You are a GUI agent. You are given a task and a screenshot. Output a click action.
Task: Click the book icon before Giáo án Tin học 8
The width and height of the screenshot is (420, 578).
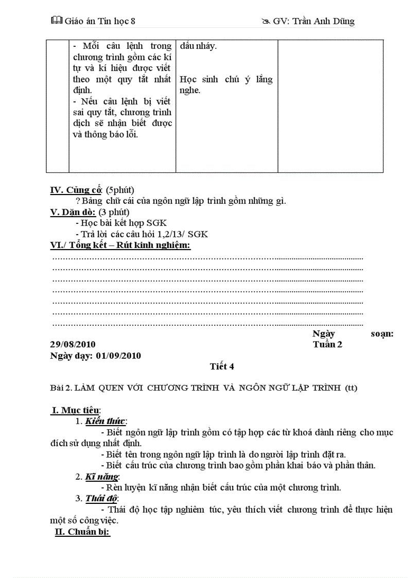[56, 21]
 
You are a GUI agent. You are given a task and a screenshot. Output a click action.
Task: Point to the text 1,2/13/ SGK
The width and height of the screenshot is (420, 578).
[185, 234]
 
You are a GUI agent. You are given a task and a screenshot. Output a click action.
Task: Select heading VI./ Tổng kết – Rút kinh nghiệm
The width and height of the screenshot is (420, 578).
[120, 245]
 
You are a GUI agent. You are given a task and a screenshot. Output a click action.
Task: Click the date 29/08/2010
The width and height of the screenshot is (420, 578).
[73, 344]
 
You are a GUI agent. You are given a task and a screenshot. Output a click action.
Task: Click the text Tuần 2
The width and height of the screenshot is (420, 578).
[327, 344]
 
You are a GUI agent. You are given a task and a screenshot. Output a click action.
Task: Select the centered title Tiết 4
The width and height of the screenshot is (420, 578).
[222, 366]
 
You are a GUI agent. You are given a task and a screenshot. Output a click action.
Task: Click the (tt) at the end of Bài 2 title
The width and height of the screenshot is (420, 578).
[351, 388]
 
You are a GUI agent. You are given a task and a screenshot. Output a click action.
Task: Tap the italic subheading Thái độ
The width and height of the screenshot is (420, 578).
[101, 498]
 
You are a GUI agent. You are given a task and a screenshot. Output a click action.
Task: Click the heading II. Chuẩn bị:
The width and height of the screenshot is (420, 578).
[82, 532]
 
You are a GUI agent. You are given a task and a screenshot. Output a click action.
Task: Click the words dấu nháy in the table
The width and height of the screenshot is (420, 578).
[198, 46]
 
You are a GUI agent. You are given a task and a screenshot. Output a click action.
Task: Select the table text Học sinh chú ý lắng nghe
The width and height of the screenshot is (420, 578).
[226, 84]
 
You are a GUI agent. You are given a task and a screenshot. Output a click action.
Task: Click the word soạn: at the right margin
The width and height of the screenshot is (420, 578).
[381, 334]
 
